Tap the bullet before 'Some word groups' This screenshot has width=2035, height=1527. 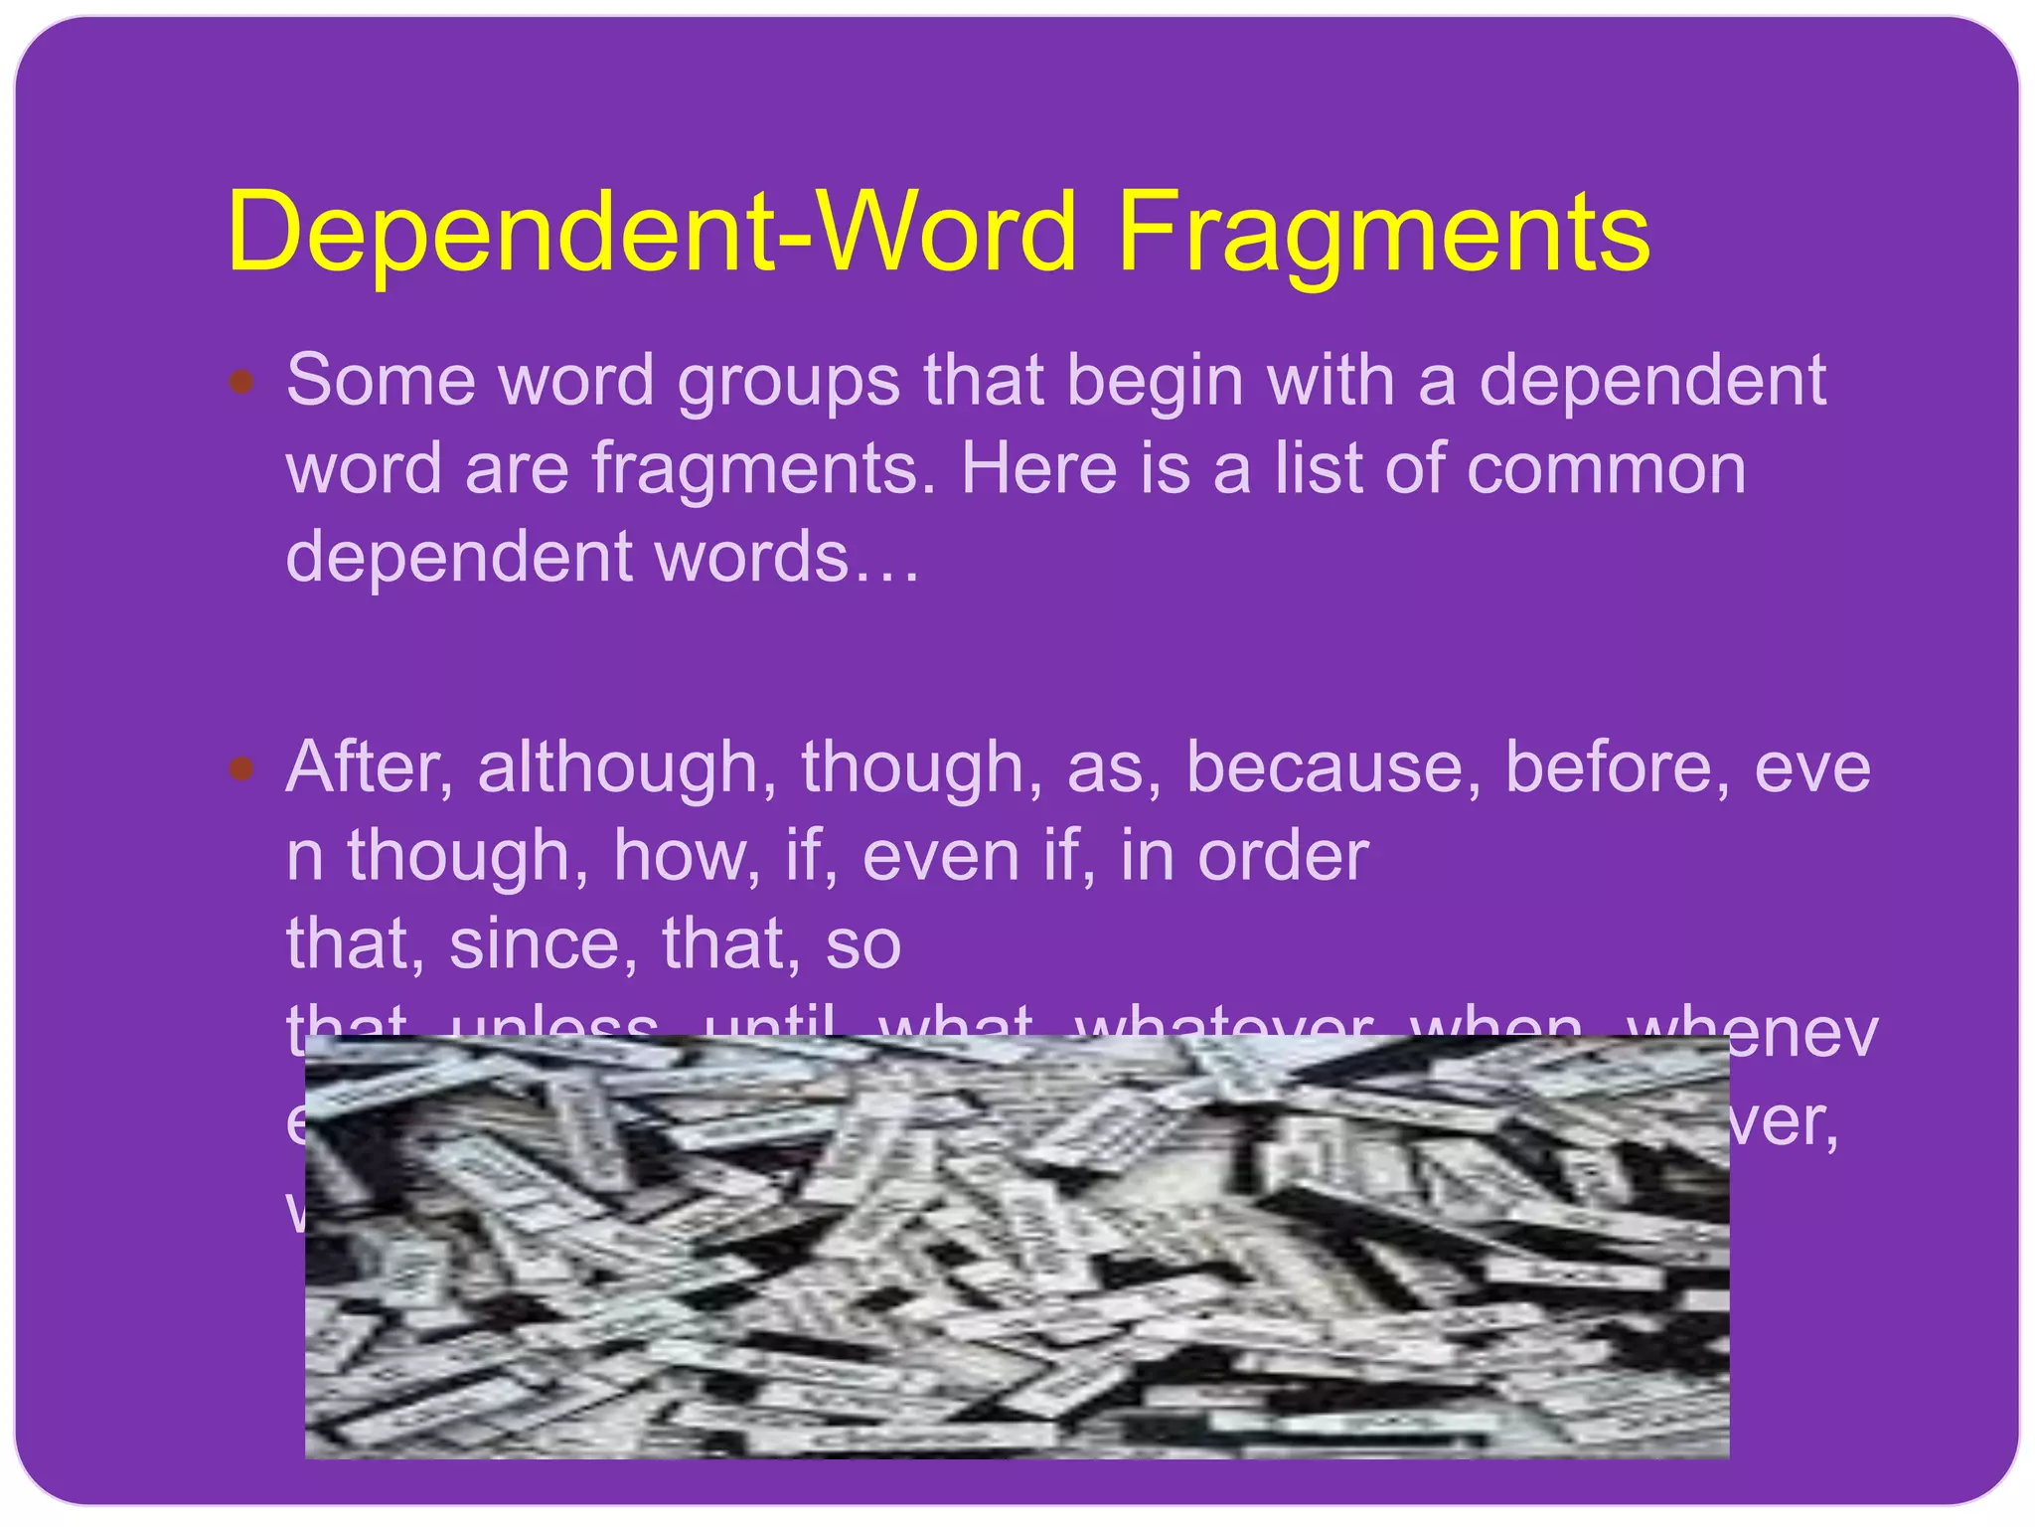click(241, 381)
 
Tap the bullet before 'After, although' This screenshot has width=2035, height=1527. click(241, 767)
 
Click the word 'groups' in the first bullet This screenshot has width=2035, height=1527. click(789, 383)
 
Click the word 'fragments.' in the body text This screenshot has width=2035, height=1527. click(764, 469)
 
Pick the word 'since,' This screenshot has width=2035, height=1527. click(543, 943)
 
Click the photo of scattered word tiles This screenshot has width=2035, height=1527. click(1017, 1247)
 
